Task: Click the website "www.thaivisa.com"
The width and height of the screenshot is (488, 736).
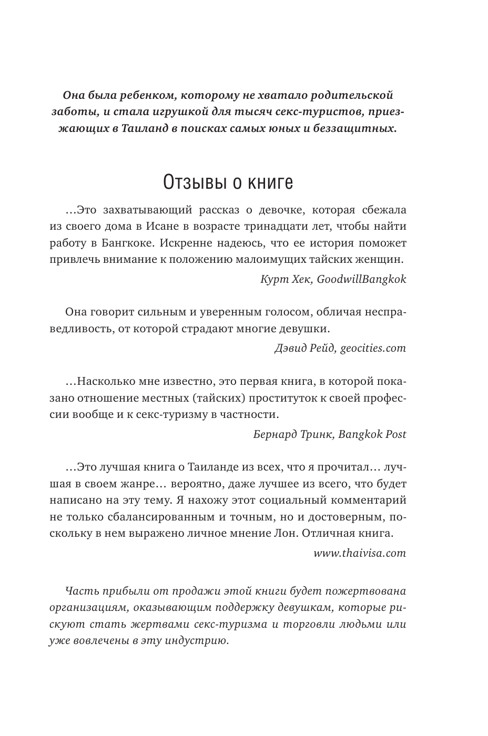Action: [x=360, y=553]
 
